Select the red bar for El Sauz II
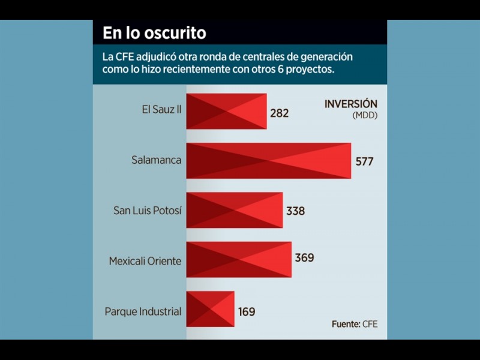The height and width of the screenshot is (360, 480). point(226,111)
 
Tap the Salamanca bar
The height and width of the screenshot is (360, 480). point(268,161)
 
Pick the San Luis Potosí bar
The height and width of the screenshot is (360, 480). point(234,210)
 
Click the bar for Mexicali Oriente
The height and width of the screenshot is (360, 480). point(239,259)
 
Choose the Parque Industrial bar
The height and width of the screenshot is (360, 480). point(210,309)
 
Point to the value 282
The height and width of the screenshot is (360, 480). point(280,113)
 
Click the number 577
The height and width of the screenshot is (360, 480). point(364,162)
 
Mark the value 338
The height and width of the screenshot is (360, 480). point(295,211)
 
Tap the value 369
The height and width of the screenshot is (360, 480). point(304,258)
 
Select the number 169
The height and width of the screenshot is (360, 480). point(246,312)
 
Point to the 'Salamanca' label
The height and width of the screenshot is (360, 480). point(156,161)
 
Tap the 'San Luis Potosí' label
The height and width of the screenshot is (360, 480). point(147,211)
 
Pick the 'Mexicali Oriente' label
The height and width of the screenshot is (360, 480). point(145,262)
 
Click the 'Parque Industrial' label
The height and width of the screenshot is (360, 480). point(143,312)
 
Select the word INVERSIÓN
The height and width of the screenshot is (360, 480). point(351,104)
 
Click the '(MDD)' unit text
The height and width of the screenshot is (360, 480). point(365,115)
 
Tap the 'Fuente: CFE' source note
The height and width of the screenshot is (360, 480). point(355,324)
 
